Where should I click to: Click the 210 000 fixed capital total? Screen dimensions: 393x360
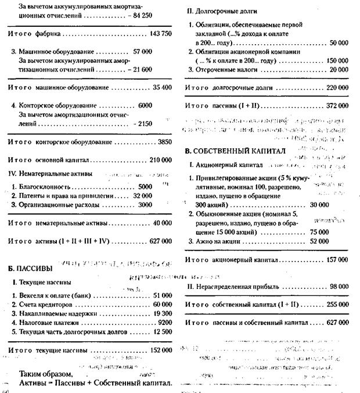coord(160,160)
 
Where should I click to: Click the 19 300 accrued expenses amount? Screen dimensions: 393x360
coord(162,313)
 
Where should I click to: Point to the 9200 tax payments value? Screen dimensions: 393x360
coord(164,322)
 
